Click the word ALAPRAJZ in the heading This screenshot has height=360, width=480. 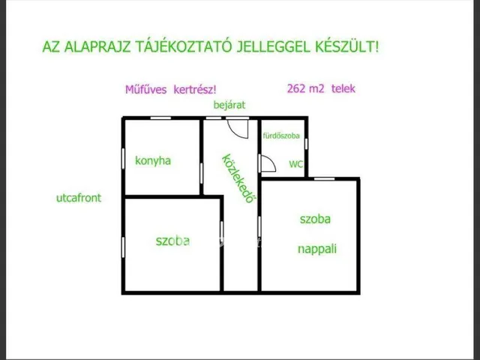(97, 46)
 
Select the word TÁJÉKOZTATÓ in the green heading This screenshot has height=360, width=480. (183, 46)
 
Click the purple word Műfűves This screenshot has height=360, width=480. (146, 89)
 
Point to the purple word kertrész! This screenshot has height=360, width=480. (195, 89)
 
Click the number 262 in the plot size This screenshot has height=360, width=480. (296, 88)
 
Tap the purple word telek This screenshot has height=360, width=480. (343, 88)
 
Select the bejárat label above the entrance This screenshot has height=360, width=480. (229, 105)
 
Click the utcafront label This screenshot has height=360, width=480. (79, 198)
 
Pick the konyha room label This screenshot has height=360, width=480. (153, 160)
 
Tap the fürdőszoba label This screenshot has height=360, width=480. (281, 136)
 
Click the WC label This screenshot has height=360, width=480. (295, 164)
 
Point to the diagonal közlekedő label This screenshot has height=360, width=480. (238, 178)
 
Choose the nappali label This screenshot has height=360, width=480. (317, 248)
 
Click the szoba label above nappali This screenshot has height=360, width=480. (315, 219)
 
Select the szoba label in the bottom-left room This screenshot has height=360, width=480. (172, 241)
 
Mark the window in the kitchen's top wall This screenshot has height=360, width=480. (160, 118)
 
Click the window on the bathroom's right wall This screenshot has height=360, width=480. (306, 143)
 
